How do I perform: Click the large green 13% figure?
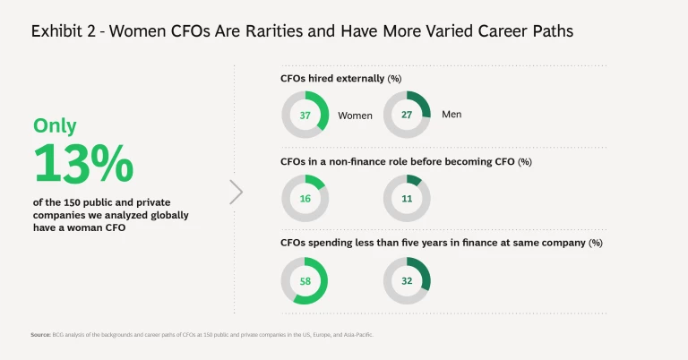click(x=83, y=165)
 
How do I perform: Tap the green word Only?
click(x=55, y=126)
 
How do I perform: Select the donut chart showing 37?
click(x=305, y=116)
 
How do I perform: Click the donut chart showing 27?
click(x=407, y=115)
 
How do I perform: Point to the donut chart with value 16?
click(x=305, y=198)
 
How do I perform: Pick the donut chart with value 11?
click(x=407, y=198)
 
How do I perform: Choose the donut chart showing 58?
click(x=305, y=281)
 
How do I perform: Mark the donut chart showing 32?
click(x=407, y=281)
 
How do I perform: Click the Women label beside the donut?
click(x=355, y=116)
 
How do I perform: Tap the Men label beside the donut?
click(x=451, y=115)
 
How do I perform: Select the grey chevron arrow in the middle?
click(x=236, y=192)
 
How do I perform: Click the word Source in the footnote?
click(x=40, y=334)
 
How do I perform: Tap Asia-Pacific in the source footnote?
click(x=357, y=334)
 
